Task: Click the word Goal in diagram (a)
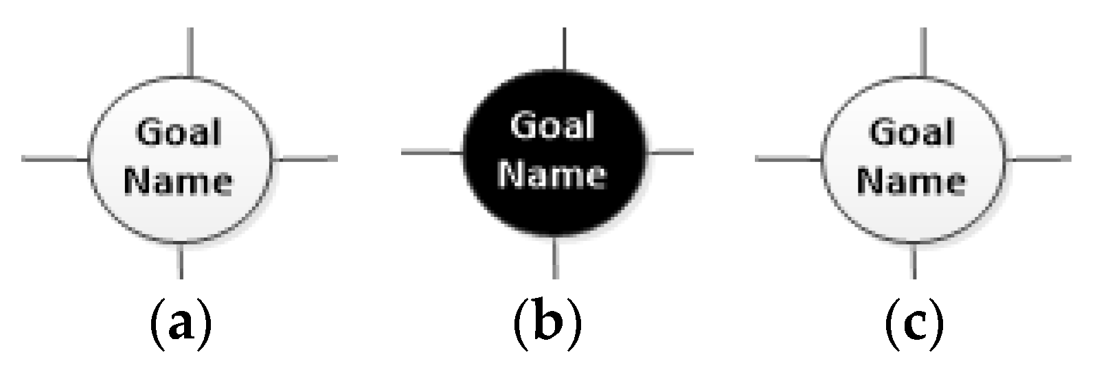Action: pyautogui.click(x=179, y=132)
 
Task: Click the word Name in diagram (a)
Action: pyautogui.click(x=181, y=181)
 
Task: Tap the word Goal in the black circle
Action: pyautogui.click(x=553, y=126)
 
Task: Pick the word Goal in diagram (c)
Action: pyautogui.click(x=912, y=132)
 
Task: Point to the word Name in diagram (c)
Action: pyautogui.click(x=912, y=181)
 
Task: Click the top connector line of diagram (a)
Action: pyautogui.click(x=190, y=52)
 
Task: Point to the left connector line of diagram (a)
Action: pyautogui.click(x=55, y=159)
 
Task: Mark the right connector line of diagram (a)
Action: pyautogui.click(x=306, y=159)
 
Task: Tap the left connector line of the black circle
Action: pyautogui.click(x=431, y=152)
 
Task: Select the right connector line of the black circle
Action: pyautogui.click(x=670, y=152)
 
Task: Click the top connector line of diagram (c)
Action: pyautogui.click(x=924, y=52)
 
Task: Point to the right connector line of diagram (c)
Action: pyautogui.click(x=1039, y=159)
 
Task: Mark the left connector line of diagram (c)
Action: pyautogui.click(x=788, y=159)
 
